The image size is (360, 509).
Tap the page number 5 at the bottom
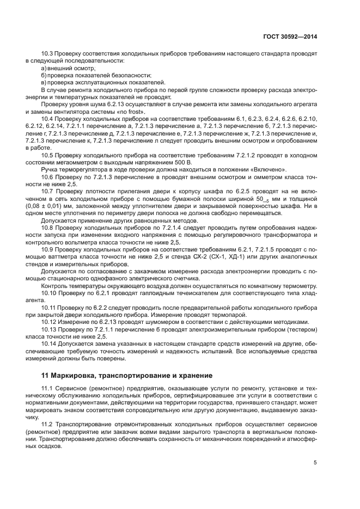pyautogui.click(x=315, y=463)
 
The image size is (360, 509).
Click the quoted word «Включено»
pyautogui.click(x=267, y=169)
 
